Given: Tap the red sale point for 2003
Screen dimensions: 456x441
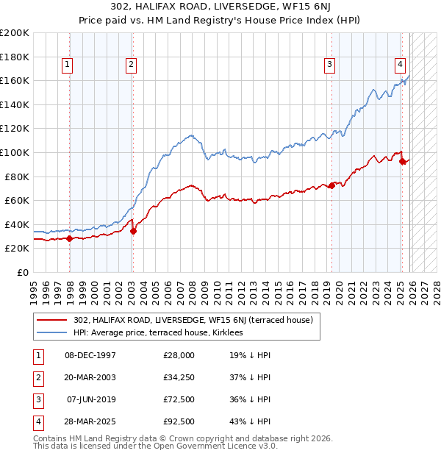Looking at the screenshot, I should coord(133,231).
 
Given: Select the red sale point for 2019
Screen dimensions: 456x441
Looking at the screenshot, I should coord(331,185).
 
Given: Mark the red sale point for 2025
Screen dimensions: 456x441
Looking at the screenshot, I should coord(403,162).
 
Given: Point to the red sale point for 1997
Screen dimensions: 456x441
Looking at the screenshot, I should coord(69,238).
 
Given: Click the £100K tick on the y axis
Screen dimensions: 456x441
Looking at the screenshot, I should coord(15,152).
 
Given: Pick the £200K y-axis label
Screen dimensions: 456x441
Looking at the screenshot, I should coord(15,33).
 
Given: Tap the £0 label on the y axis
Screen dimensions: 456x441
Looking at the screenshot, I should coord(22,272).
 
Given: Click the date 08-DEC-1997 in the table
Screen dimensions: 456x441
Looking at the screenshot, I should coord(90,355).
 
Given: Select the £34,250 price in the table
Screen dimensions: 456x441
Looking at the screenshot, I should coord(179,377).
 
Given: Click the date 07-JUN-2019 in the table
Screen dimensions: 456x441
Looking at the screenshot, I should coord(91,399).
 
